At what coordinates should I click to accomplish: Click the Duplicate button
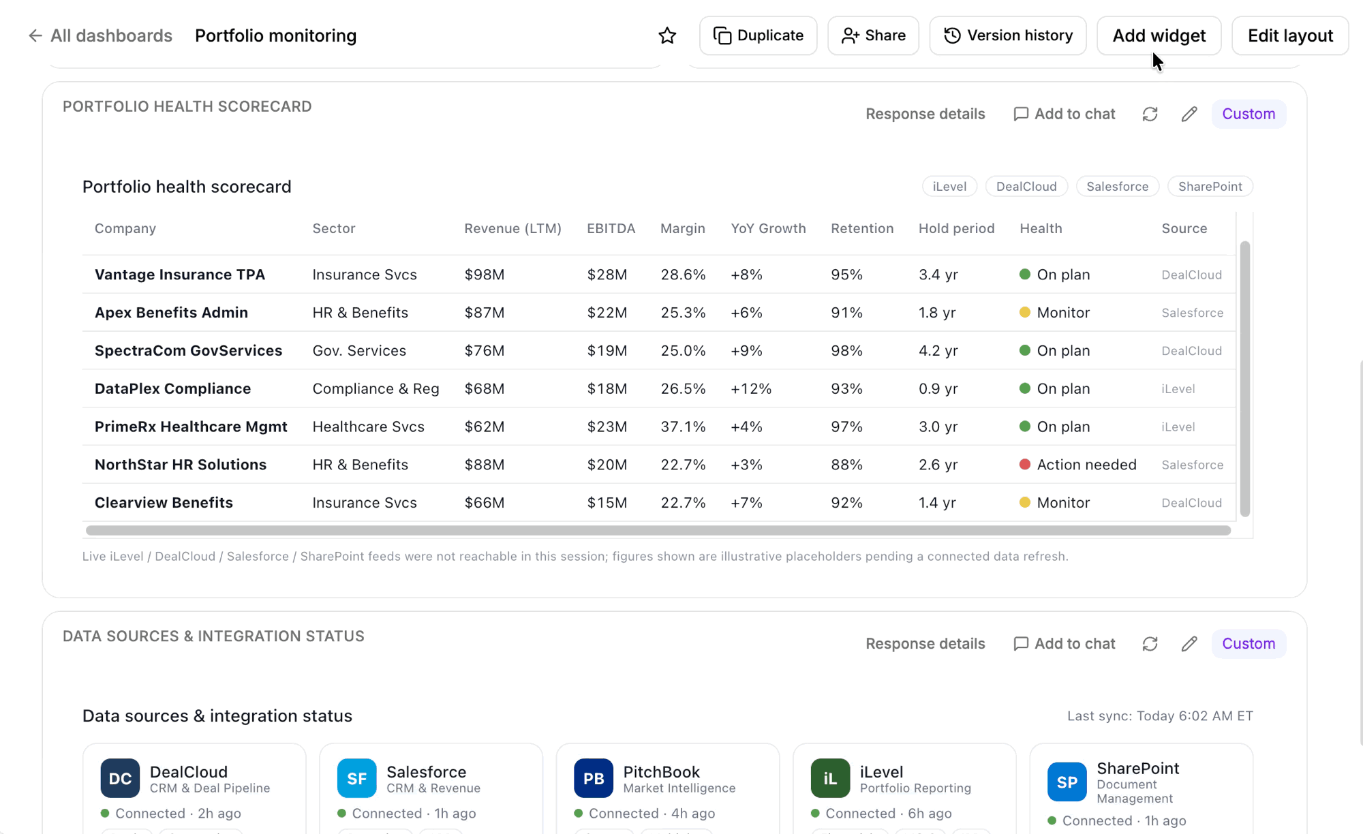pos(758,35)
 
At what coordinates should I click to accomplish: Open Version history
pos(1007,35)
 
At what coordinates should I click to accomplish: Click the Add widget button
pos(1159,35)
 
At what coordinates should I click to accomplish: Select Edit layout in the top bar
pos(1290,35)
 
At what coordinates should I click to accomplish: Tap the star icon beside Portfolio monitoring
pos(667,35)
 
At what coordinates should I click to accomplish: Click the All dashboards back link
pos(100,35)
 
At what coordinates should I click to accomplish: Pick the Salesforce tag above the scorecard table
pos(1117,187)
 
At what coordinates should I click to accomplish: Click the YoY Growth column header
pos(768,228)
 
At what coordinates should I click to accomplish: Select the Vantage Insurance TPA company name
pos(180,275)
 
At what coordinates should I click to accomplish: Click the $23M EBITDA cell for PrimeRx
pos(607,427)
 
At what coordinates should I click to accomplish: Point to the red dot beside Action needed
pos(1024,464)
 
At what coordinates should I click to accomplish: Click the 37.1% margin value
pos(683,427)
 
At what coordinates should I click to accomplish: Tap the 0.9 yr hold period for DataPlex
pos(938,388)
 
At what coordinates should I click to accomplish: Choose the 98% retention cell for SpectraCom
pos(846,350)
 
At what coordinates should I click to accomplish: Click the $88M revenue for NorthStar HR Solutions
pos(485,465)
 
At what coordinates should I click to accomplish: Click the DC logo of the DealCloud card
pos(120,778)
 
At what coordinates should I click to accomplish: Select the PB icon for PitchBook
pos(594,778)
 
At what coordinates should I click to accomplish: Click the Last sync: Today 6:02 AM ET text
pos(1160,716)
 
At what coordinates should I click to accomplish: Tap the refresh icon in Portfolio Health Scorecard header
pos(1150,114)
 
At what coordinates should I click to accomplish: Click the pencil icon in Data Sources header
pos(1189,644)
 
